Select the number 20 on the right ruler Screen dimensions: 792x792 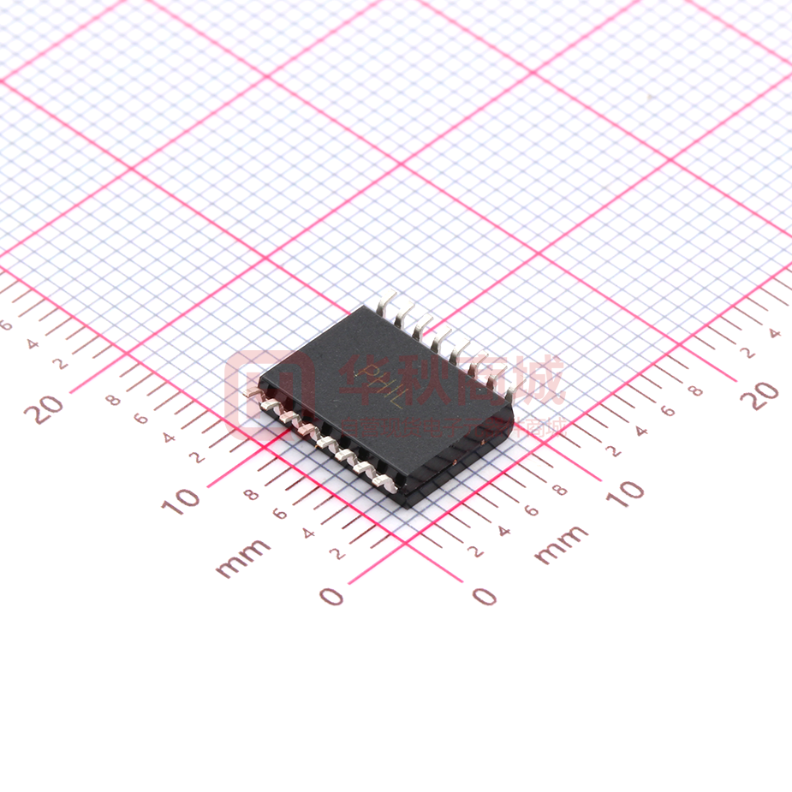tap(760, 395)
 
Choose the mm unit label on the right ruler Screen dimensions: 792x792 tap(561, 545)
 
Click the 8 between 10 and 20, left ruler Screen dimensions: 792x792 tap(112, 399)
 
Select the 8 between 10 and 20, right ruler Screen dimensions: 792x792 tap(696, 391)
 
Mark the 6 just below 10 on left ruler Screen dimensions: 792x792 tap(279, 514)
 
